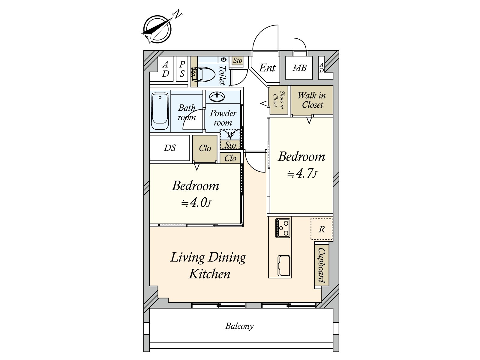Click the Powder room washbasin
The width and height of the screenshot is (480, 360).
pos(217,97)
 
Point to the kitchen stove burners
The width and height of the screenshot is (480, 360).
pos(283,228)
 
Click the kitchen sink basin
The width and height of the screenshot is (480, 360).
pos(284,265)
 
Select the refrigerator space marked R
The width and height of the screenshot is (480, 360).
pos(322,229)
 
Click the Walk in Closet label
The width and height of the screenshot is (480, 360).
pos(312,100)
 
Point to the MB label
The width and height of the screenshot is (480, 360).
pos(299,68)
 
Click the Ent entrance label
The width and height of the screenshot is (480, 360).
pos(267,68)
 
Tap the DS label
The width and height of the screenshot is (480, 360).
pos(170,148)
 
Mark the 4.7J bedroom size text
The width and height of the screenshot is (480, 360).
pos(302,174)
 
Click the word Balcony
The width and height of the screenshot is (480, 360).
pos(239,326)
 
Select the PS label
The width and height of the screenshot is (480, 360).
pos(182,69)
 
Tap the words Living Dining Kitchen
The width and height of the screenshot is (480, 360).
pos(208,265)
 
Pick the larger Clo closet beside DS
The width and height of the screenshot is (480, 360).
pos(205,148)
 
